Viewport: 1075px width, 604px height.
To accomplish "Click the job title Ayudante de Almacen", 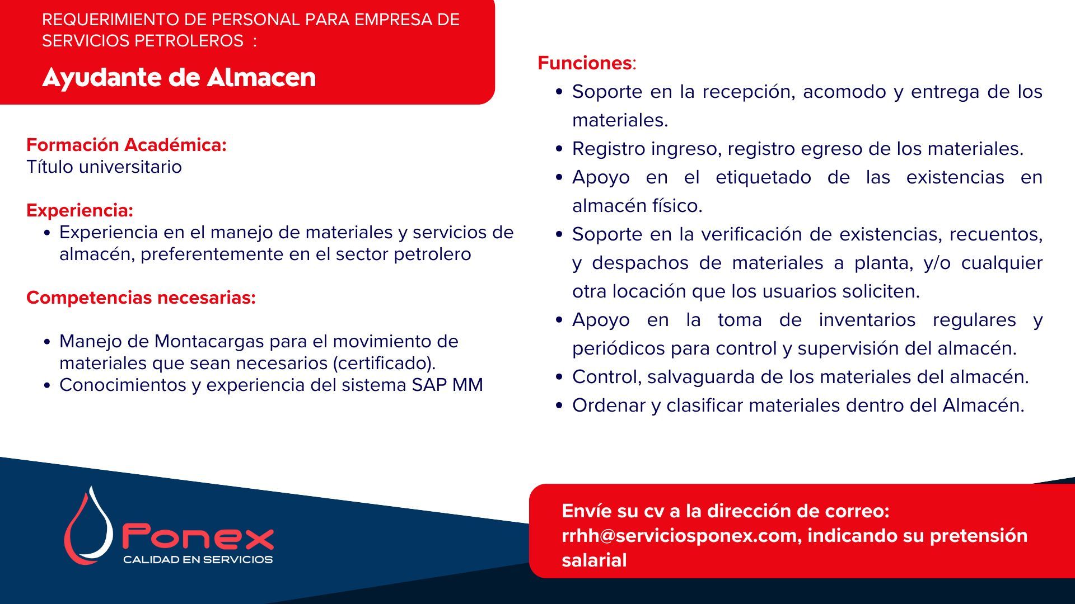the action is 179,78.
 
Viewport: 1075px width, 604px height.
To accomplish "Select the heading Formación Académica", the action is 127,145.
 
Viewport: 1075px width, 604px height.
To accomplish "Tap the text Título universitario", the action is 104,167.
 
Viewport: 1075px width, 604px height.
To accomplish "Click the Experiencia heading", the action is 80,210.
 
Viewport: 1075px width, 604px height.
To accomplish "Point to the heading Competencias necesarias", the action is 141,298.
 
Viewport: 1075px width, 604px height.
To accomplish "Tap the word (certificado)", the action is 384,363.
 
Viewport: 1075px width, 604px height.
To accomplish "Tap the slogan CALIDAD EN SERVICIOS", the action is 198,559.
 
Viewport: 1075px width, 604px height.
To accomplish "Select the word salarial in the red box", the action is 594,560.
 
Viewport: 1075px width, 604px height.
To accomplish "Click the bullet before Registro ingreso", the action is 559,149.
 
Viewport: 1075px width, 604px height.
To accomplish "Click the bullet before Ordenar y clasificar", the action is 559,405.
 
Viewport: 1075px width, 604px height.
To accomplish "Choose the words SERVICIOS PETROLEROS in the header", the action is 143,41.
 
